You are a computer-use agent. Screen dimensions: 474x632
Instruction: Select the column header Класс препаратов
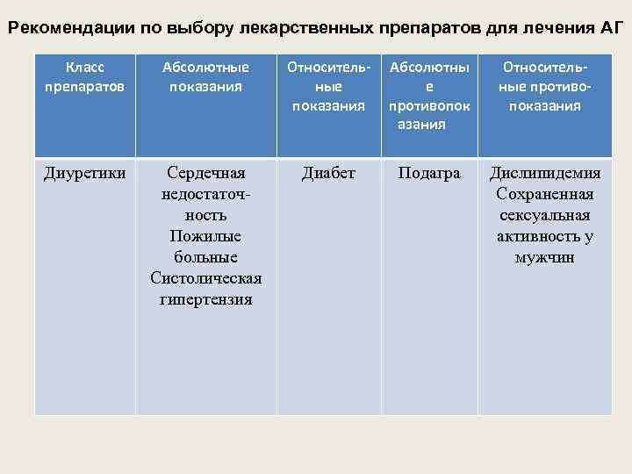(x=85, y=76)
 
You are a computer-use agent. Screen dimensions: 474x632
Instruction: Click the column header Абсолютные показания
(x=206, y=76)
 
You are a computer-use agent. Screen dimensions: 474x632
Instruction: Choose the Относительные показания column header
(x=329, y=86)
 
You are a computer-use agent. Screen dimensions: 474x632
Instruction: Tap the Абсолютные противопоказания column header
(x=428, y=96)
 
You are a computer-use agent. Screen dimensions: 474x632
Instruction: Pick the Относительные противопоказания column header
(x=545, y=86)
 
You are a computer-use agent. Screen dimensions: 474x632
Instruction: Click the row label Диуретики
(x=85, y=174)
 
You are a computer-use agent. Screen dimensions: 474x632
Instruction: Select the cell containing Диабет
(x=329, y=174)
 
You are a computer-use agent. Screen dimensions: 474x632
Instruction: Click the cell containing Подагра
(x=428, y=174)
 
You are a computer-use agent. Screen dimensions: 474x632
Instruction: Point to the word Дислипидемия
(x=545, y=174)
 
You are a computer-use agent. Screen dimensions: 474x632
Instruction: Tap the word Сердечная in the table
(x=206, y=174)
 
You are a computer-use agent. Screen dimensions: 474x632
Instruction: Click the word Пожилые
(x=206, y=237)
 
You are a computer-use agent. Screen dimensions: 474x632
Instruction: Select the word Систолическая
(x=206, y=279)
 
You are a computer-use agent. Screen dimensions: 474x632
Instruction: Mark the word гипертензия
(x=206, y=300)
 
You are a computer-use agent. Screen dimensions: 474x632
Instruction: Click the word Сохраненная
(x=545, y=195)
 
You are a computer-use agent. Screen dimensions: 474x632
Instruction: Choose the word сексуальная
(x=545, y=216)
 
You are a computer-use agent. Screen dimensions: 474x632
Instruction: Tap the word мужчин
(x=545, y=258)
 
